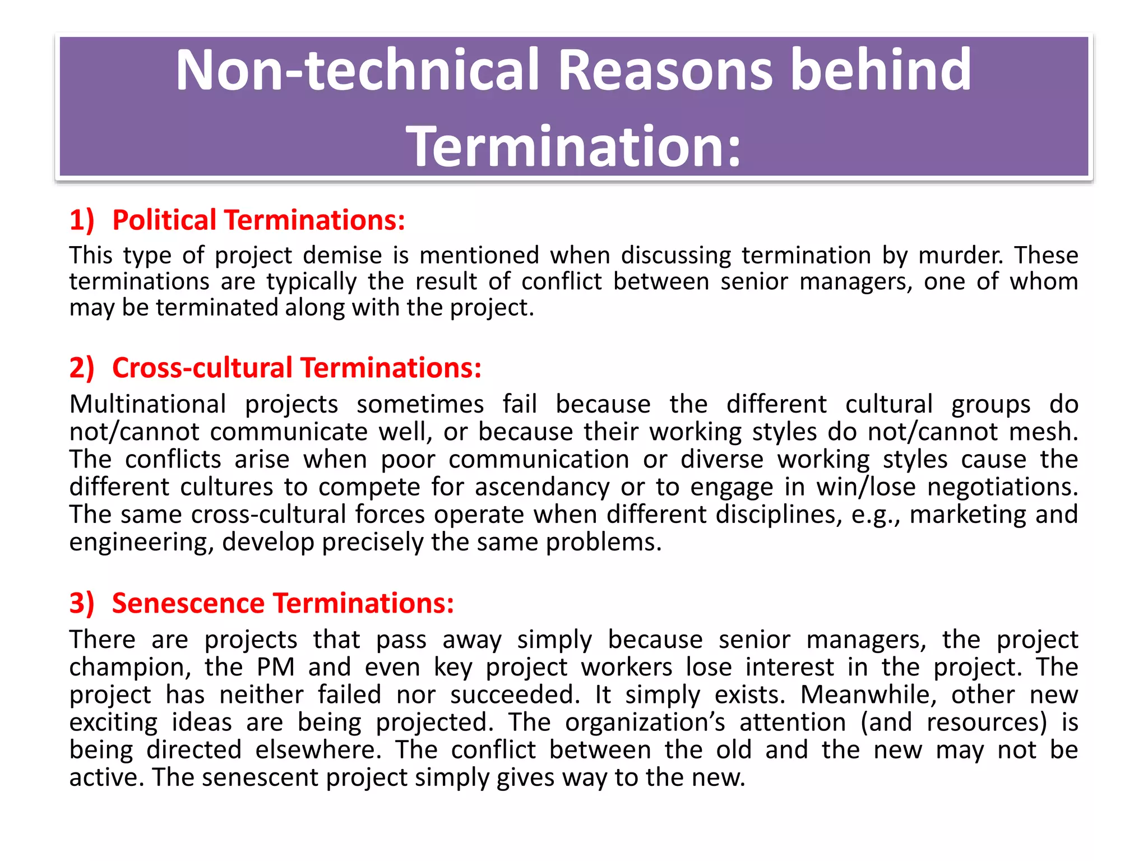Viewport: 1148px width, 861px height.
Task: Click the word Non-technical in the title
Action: pyautogui.click(x=357, y=70)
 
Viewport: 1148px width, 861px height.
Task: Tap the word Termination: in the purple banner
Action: pyautogui.click(x=573, y=146)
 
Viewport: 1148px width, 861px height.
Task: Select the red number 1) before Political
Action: pyautogui.click(x=82, y=220)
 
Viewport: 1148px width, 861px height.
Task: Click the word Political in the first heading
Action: pyautogui.click(x=164, y=220)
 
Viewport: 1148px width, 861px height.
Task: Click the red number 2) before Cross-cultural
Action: pyautogui.click(x=82, y=368)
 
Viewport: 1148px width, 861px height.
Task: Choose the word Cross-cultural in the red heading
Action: pyautogui.click(x=202, y=368)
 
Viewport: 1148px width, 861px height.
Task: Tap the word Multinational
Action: pyautogui.click(x=147, y=404)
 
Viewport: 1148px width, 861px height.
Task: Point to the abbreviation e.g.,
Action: pyautogui.click(x=876, y=514)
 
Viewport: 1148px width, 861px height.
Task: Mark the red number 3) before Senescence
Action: pyautogui.click(x=82, y=603)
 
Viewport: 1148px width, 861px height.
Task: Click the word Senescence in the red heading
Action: pyautogui.click(x=188, y=603)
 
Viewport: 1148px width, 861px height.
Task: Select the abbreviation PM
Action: pyautogui.click(x=276, y=667)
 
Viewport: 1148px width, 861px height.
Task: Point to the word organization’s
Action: pyautogui.click(x=645, y=722)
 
